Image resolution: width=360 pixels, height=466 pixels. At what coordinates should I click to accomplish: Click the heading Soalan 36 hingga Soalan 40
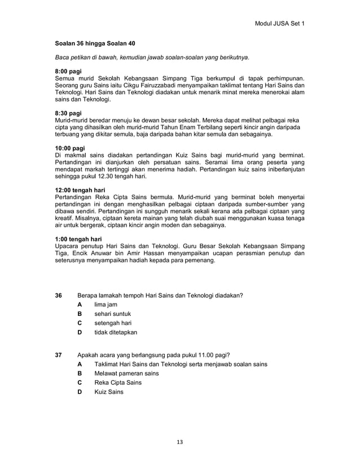(95, 43)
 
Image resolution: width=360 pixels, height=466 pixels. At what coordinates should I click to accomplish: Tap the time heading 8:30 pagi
(68, 113)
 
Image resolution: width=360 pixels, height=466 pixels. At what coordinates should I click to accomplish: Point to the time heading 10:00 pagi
(70, 148)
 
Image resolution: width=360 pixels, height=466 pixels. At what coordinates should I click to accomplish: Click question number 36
(59, 295)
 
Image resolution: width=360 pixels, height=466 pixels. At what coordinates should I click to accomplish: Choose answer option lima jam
(106, 305)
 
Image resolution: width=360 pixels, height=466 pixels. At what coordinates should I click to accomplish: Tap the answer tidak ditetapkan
(116, 333)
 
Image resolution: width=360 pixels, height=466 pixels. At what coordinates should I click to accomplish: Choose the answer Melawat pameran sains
(127, 373)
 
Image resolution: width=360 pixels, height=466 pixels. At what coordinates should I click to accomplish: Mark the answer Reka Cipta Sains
(118, 383)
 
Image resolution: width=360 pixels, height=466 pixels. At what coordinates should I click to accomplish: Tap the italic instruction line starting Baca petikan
(152, 58)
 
